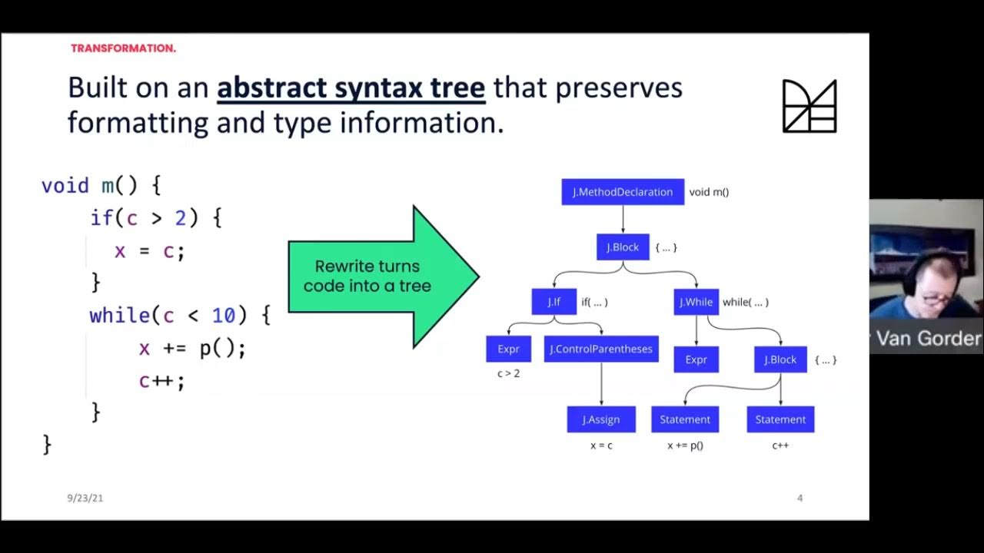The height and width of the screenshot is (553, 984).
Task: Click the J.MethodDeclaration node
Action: pos(622,192)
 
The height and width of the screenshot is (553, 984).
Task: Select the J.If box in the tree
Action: pos(553,302)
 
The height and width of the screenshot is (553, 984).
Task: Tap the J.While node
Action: pos(696,302)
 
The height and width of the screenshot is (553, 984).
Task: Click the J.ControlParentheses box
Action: pos(600,349)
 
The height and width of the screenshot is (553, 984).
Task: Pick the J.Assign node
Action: pos(600,419)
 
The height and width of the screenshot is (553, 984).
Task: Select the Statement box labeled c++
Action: pos(780,419)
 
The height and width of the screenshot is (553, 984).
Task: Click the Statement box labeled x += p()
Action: pos(684,419)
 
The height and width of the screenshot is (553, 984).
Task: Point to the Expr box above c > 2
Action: pos(508,349)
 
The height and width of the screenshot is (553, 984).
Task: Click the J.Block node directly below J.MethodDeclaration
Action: pos(623,247)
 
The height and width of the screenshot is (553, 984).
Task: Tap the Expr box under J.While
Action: pos(696,359)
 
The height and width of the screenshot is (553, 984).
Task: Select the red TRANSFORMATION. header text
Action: pos(123,48)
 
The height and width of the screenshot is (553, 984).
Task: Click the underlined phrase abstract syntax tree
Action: pos(351,88)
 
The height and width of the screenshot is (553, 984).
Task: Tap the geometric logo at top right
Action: pos(809,106)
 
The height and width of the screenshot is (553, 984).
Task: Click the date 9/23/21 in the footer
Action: pos(85,498)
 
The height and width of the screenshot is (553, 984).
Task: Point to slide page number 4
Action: pos(799,498)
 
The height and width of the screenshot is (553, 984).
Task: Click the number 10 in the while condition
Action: pos(223,315)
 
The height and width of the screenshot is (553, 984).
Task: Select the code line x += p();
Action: pos(192,348)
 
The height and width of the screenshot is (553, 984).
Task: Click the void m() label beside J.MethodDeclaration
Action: pos(709,192)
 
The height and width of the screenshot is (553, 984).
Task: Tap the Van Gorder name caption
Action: pos(928,339)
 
